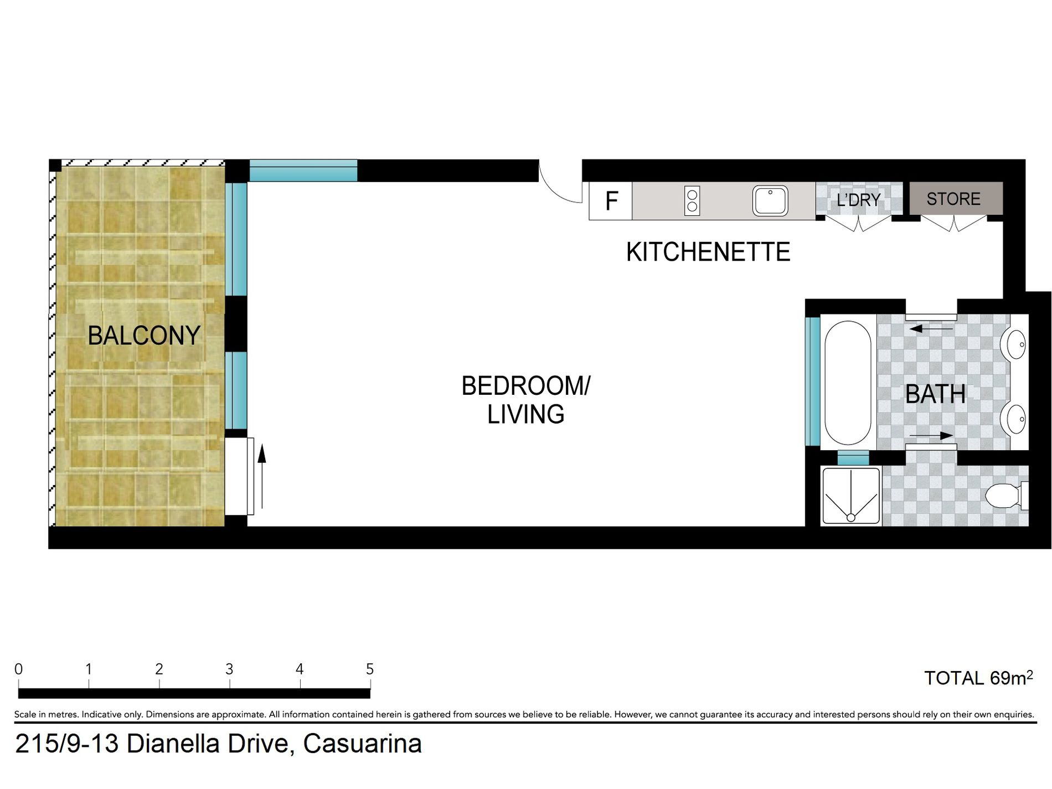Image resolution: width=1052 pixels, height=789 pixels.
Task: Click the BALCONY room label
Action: click(x=144, y=336)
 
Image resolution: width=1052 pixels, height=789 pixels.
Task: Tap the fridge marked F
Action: click(x=611, y=201)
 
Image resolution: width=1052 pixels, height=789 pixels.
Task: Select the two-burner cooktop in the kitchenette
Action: click(x=692, y=200)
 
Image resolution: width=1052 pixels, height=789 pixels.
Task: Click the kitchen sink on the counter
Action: click(x=770, y=200)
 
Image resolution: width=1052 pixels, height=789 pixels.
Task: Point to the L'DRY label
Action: click(x=858, y=199)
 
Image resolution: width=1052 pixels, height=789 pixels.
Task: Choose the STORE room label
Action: click(x=953, y=199)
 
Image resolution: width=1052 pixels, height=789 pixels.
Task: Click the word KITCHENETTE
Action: click(x=708, y=252)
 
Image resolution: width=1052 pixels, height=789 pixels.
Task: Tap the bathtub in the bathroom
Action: click(x=848, y=383)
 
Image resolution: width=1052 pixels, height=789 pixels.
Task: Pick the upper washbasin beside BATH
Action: click(x=1014, y=344)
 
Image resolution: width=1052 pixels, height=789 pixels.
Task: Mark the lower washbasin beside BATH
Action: click(x=1014, y=419)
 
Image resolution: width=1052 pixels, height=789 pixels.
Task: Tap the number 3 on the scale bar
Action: click(x=229, y=669)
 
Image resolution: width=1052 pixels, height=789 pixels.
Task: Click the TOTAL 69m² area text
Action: click(x=978, y=678)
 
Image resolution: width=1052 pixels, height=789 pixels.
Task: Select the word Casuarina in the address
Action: click(x=363, y=744)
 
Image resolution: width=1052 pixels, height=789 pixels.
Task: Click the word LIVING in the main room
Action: click(x=526, y=414)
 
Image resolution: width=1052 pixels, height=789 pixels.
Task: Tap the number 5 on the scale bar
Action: click(x=370, y=669)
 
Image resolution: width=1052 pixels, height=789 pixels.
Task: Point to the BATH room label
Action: click(x=936, y=394)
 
